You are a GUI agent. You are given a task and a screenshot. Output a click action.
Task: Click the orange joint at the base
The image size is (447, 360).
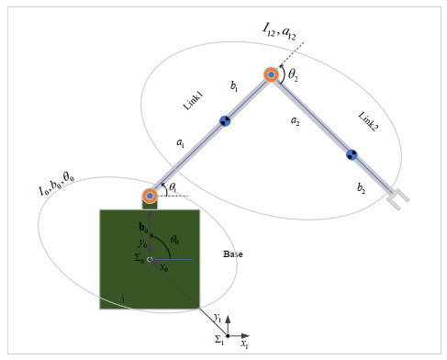150,196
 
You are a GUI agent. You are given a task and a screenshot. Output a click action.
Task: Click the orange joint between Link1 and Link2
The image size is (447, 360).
272,75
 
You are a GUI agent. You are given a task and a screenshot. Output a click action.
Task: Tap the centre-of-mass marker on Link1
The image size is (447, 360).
224,120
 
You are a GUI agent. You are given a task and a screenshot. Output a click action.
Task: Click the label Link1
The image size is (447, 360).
194,100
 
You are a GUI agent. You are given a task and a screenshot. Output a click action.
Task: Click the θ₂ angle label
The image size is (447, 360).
293,77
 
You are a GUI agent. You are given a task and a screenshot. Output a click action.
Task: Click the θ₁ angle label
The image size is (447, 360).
173,187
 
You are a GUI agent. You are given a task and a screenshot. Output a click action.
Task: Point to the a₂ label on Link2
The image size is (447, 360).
294,120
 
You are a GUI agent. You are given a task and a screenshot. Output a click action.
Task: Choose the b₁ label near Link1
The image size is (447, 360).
235,87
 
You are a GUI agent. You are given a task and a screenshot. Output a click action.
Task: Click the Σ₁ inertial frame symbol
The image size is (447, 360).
220,339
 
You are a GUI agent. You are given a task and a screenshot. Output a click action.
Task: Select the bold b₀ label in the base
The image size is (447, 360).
142,226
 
